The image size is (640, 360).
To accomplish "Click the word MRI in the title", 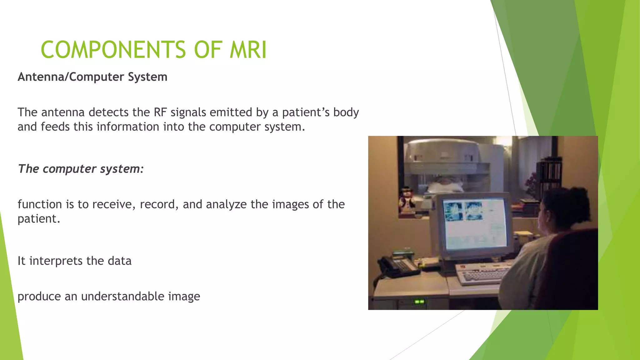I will coord(248,50).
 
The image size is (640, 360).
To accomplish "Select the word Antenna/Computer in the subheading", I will coord(67,77).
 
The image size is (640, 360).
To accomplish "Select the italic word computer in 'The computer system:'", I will coord(69,169).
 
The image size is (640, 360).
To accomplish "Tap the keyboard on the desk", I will coord(483,274).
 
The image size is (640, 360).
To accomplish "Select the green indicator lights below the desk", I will coord(419,302).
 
